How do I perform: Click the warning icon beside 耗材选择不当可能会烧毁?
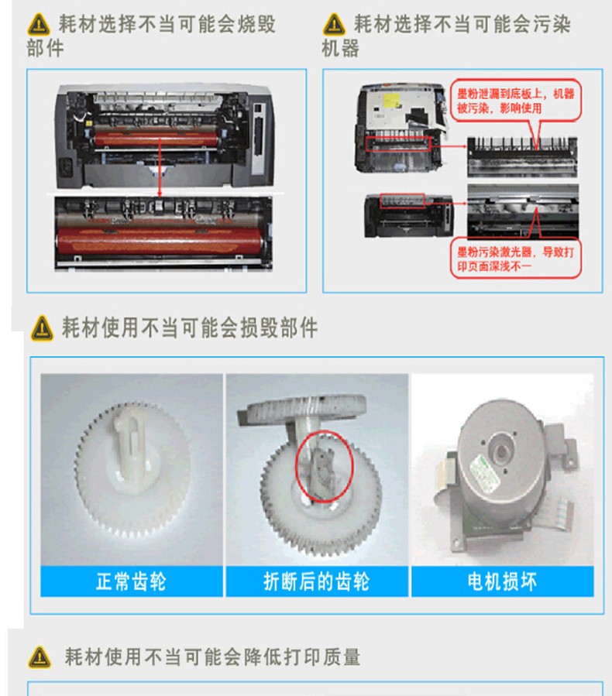39,24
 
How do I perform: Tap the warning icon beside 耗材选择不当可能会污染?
334,24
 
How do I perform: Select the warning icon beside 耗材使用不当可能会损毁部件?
42,328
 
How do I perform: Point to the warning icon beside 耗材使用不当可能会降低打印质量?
40,657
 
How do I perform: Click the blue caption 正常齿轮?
132,581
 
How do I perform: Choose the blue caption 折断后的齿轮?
317,581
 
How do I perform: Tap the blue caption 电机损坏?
502,581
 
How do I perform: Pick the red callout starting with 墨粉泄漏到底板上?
515,101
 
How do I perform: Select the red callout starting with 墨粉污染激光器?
516,259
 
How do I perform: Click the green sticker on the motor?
486,474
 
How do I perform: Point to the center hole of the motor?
501,452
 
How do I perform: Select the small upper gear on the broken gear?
307,409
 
